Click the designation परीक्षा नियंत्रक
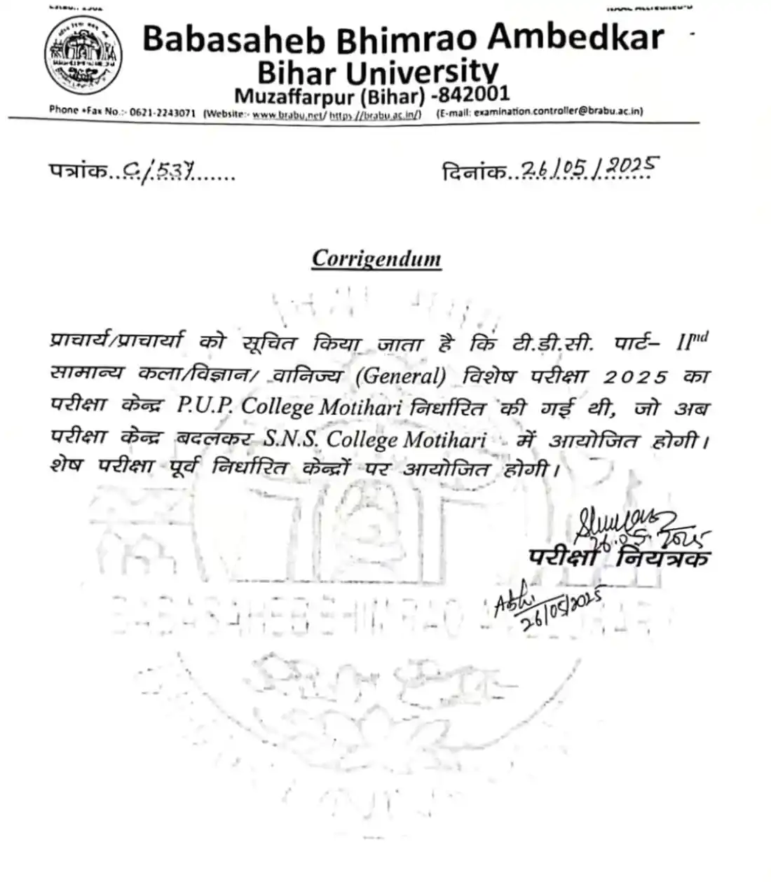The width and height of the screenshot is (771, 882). tap(619, 558)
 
